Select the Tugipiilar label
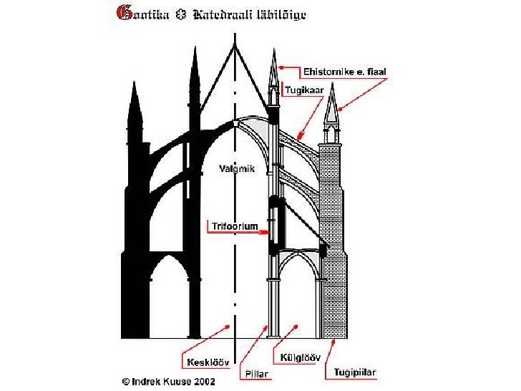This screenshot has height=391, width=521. (x=355, y=372)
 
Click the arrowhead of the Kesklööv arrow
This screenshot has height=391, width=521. (x=230, y=326)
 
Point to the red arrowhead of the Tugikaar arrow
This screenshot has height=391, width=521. (x=299, y=137)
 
